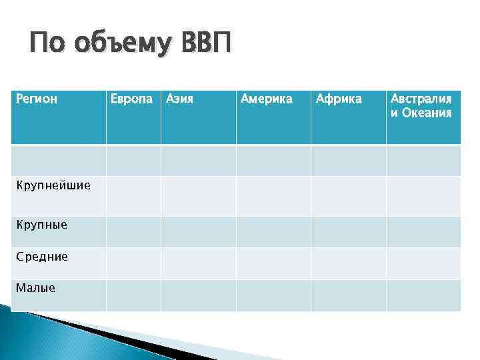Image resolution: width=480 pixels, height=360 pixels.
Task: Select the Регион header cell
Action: coord(37,99)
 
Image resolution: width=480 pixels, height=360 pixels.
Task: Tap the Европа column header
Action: coord(133,99)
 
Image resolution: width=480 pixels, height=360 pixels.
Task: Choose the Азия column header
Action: coord(179,99)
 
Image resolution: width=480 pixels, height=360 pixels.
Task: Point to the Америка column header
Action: coord(266,99)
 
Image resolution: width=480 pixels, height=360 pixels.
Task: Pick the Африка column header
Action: coord(339,99)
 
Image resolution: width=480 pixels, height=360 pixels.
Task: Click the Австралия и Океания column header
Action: coord(421,105)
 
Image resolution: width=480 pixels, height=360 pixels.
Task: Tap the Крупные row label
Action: coord(41,224)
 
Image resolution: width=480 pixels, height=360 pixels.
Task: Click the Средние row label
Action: coord(41,256)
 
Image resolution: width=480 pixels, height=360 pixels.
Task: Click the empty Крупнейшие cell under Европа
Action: coord(133,196)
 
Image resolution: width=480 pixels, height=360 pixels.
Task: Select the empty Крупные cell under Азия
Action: coord(198,231)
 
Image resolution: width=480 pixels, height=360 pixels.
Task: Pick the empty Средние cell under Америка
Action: coord(273,263)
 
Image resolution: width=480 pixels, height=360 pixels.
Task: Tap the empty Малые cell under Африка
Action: coord(348,295)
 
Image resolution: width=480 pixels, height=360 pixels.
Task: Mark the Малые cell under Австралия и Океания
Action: coord(423,295)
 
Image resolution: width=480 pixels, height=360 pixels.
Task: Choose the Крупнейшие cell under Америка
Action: coord(273,196)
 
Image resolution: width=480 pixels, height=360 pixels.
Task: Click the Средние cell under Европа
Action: coord(133,263)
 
